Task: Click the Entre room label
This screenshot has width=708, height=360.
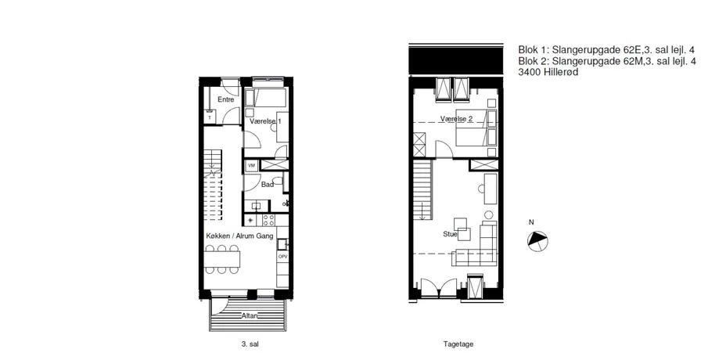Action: point(226,99)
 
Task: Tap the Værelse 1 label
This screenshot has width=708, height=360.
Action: point(265,121)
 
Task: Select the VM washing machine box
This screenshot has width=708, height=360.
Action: point(251,166)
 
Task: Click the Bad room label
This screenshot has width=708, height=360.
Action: point(268,184)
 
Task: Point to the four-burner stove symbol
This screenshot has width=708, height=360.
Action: point(268,220)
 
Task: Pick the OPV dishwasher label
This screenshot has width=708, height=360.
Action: point(282,257)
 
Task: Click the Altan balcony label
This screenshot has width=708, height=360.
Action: point(250,315)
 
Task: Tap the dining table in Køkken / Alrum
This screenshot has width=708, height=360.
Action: point(221,259)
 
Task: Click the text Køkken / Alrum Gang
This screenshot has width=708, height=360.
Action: point(239,236)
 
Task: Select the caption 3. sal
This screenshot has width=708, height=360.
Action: point(250,344)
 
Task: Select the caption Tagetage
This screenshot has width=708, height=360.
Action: point(458,344)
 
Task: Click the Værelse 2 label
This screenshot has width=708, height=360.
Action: point(457,119)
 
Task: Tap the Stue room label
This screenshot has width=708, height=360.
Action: point(450,234)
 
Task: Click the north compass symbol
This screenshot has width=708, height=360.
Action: point(537,241)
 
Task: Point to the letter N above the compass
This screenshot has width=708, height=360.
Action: point(531,222)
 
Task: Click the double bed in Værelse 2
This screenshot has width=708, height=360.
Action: point(476,128)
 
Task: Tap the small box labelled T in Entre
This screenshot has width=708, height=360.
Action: point(210,117)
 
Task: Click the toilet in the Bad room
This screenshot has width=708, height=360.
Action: point(279,182)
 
